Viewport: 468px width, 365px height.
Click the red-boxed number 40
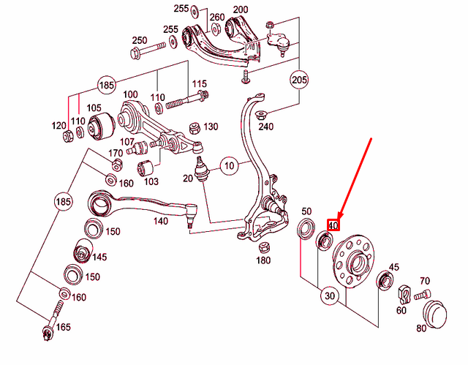pyautogui.click(x=333, y=225)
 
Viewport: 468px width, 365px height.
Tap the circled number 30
pyautogui.click(x=330, y=296)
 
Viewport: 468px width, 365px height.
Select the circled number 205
pyautogui.click(x=299, y=80)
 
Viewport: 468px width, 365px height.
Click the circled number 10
pyautogui.click(x=229, y=165)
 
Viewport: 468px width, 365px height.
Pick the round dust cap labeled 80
pyautogui.click(x=436, y=315)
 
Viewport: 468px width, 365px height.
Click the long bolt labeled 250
pyautogui.click(x=148, y=50)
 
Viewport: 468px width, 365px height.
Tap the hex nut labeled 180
pyautogui.click(x=263, y=247)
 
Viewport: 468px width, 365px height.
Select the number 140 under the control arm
pyautogui.click(x=161, y=221)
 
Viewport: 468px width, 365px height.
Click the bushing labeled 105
pyautogui.click(x=101, y=126)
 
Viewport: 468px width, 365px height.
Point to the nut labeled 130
pyautogui.click(x=195, y=128)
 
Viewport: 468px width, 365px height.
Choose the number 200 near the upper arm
pyautogui.click(x=241, y=10)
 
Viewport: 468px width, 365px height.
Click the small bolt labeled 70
pyautogui.click(x=422, y=295)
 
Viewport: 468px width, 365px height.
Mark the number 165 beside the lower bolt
pyautogui.click(x=64, y=327)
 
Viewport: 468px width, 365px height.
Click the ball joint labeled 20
pyautogui.click(x=200, y=170)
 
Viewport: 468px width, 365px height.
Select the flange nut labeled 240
pyautogui.click(x=262, y=114)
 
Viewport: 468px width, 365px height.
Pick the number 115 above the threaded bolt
pyautogui.click(x=200, y=84)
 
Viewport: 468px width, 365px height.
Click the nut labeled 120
pyautogui.click(x=67, y=136)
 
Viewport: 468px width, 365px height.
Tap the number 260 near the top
pyautogui.click(x=217, y=18)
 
